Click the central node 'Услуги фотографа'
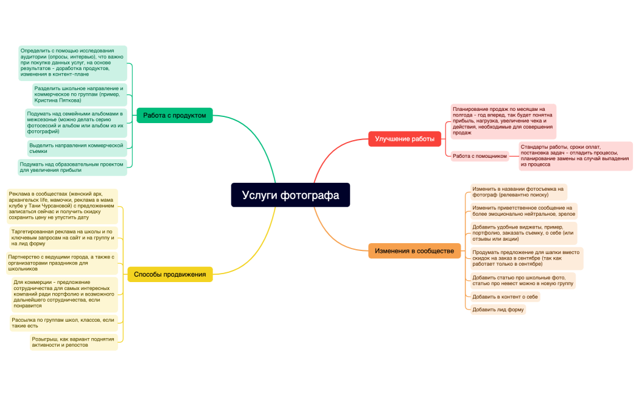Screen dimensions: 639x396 (290, 195)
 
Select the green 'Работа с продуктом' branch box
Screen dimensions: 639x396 (175, 115)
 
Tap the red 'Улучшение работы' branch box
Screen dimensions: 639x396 (404, 139)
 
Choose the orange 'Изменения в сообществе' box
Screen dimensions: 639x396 (414, 251)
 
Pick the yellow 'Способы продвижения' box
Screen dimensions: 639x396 (170, 275)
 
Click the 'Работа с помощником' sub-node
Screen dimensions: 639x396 (480, 156)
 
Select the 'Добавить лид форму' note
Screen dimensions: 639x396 (498, 309)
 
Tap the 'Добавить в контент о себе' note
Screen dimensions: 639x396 (505, 297)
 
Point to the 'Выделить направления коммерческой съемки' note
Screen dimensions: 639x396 (77, 149)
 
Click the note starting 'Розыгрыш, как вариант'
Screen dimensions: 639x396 (74, 342)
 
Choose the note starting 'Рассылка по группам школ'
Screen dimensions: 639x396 (63, 323)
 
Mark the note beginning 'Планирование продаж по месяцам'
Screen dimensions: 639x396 (503, 121)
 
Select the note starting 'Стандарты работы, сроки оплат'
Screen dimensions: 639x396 (576, 156)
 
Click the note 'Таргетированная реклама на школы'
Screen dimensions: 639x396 (63, 238)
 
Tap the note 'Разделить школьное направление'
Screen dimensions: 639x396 (80, 94)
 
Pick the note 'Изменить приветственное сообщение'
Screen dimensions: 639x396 (523, 211)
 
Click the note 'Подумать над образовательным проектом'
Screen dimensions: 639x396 (72, 167)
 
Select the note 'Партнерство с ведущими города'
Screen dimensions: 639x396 (62, 263)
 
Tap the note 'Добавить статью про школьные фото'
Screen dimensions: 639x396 (523, 281)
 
